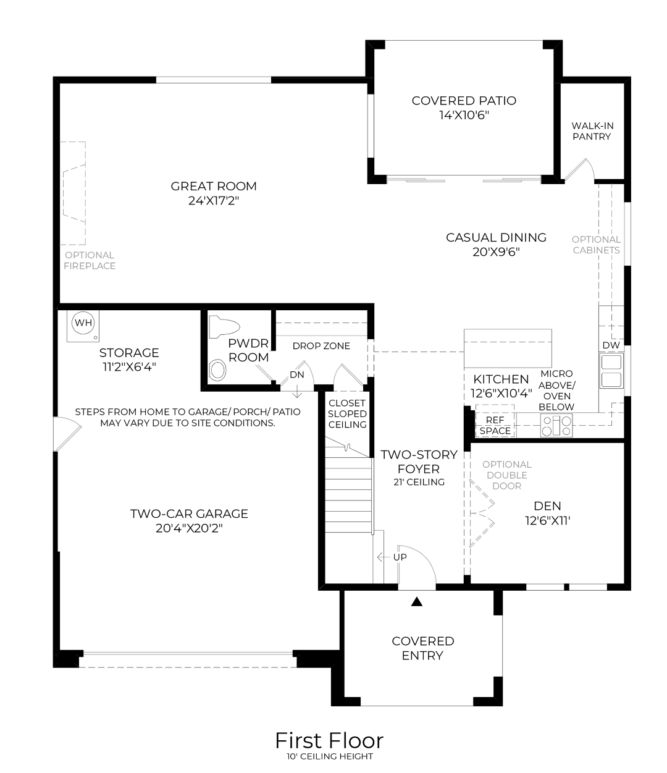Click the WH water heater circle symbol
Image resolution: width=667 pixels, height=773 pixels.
pyautogui.click(x=83, y=323)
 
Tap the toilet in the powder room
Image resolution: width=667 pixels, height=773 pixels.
pyautogui.click(x=224, y=326)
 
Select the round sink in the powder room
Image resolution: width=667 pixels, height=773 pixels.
pyautogui.click(x=217, y=371)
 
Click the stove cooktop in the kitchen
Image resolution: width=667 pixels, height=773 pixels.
pyautogui.click(x=556, y=426)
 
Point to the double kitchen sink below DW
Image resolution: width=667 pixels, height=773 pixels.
pyautogui.click(x=611, y=371)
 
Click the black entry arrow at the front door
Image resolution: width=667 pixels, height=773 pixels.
pyautogui.click(x=416, y=602)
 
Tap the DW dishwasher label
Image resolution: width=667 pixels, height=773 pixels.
pyautogui.click(x=611, y=345)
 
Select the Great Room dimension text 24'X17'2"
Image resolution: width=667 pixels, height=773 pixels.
pyautogui.click(x=214, y=201)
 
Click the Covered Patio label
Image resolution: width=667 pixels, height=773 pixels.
pyautogui.click(x=464, y=101)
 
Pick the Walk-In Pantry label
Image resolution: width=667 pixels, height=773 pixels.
pyautogui.click(x=592, y=131)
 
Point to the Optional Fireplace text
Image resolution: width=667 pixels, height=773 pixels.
pyautogui.click(x=90, y=261)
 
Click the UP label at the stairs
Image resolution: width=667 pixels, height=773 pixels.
pyautogui.click(x=400, y=557)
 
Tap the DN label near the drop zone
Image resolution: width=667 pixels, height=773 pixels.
pyautogui.click(x=297, y=374)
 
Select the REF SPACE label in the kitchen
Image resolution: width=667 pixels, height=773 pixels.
pyautogui.click(x=495, y=426)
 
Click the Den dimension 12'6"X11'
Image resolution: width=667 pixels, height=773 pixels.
pyautogui.click(x=547, y=520)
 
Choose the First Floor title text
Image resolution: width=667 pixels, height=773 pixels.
pyautogui.click(x=329, y=740)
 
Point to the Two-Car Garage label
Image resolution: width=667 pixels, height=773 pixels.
pyautogui.click(x=189, y=514)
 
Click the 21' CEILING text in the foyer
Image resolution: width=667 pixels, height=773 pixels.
pyautogui.click(x=419, y=482)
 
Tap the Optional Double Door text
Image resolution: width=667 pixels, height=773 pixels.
pyautogui.click(x=506, y=475)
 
